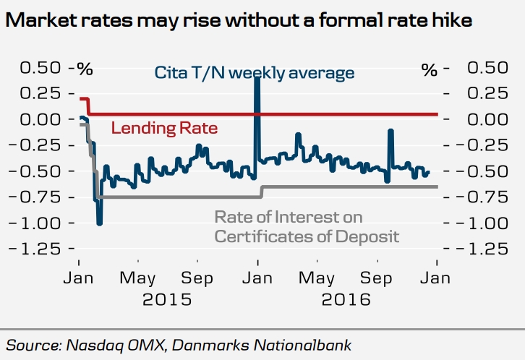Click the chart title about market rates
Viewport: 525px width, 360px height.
[x=239, y=21]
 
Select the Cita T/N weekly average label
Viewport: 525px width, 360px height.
[x=255, y=73]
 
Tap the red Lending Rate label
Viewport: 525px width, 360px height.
[x=164, y=129]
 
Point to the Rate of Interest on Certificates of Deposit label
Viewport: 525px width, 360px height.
[x=307, y=226]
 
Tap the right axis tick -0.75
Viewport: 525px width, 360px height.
[x=485, y=197]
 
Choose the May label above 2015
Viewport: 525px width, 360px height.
[x=137, y=278]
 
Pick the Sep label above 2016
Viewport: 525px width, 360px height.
[x=377, y=278]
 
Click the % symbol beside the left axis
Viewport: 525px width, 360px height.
[x=86, y=70]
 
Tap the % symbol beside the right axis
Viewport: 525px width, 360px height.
[x=430, y=70]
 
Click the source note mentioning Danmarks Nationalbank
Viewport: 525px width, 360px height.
[x=179, y=345]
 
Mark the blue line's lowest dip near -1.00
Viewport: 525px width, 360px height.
[x=99, y=223]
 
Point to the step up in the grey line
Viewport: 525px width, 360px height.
[x=262, y=192]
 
